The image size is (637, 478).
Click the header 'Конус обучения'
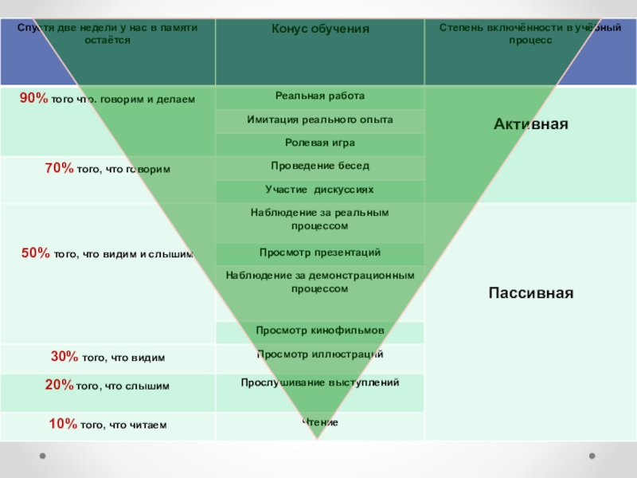[x=320, y=29]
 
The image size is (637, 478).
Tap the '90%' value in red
[x=34, y=98]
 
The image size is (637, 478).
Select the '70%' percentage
[x=60, y=169]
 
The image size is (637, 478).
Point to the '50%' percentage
[x=36, y=253]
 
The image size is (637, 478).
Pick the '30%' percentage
[x=64, y=357]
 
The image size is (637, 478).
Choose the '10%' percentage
[x=63, y=424]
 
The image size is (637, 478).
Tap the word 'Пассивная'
[x=530, y=292]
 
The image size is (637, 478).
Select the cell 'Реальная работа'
[x=320, y=96]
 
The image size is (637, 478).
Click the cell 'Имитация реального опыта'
[x=320, y=119]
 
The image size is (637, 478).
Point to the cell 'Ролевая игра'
[x=320, y=143]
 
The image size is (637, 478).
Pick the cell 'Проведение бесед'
[x=320, y=166]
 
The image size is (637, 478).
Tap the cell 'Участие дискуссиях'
[x=320, y=190]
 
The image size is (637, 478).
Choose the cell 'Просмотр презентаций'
[x=320, y=253]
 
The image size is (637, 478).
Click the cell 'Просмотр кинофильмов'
[x=320, y=330]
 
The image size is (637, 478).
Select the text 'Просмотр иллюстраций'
[x=320, y=354]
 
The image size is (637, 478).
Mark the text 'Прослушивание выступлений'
[x=320, y=382]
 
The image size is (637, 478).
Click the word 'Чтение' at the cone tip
[x=320, y=421]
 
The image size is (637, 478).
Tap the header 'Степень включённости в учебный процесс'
[x=530, y=33]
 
